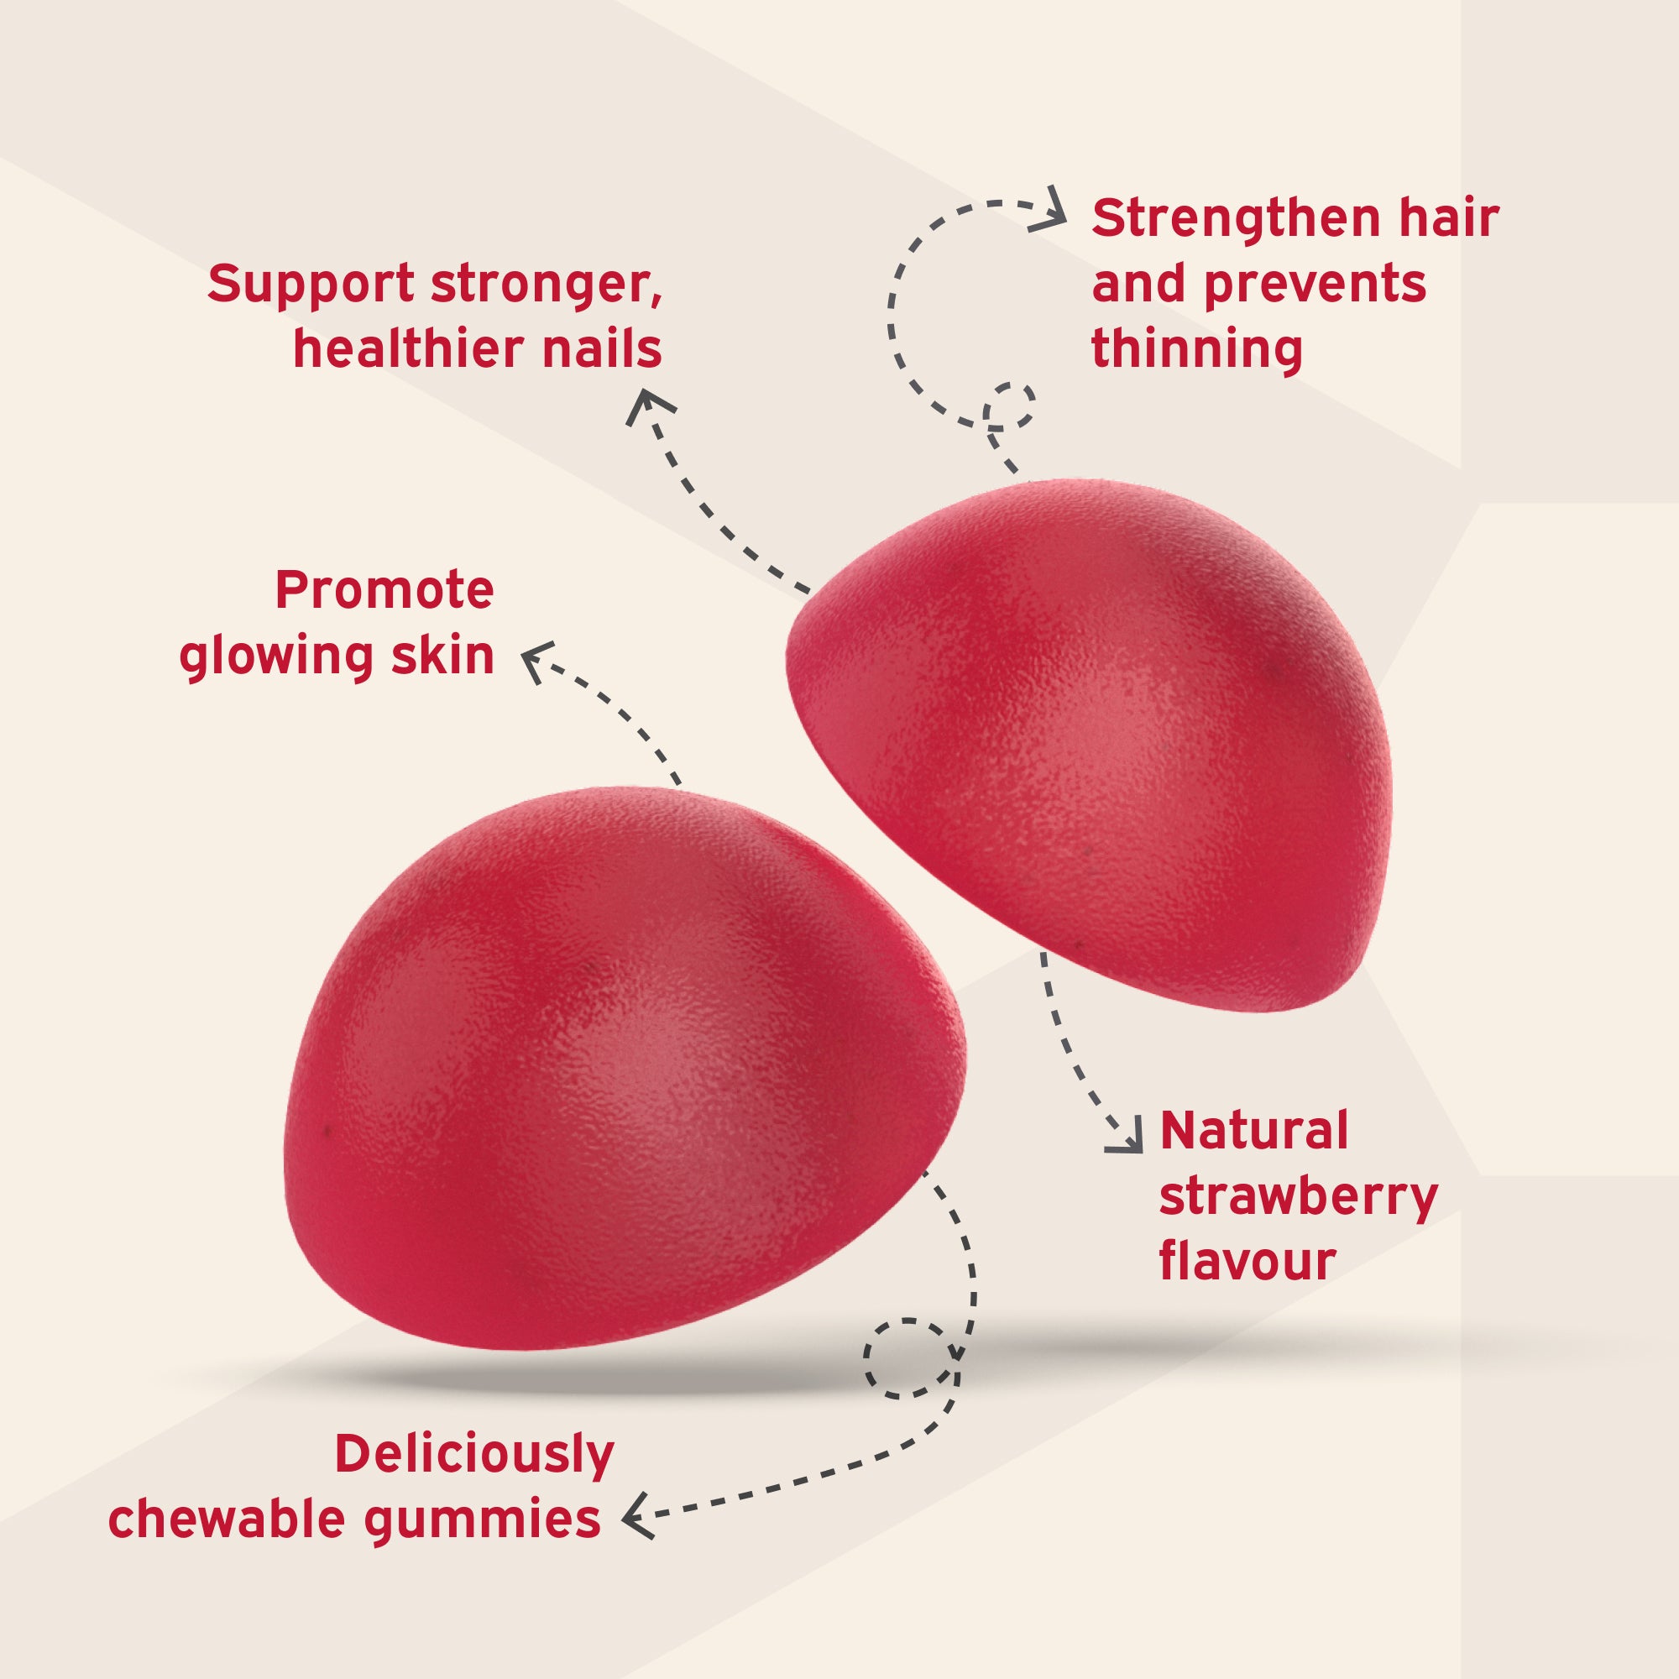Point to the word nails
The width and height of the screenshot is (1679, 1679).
pos(601,348)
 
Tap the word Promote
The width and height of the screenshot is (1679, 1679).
pos(384,591)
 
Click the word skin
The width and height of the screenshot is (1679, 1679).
pos(442,655)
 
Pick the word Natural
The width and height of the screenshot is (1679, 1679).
pos(1253,1131)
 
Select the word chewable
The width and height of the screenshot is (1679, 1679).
pos(226,1520)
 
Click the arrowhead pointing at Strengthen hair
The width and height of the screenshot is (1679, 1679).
pos(1050,209)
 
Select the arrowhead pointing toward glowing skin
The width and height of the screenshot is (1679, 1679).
pos(537,661)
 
